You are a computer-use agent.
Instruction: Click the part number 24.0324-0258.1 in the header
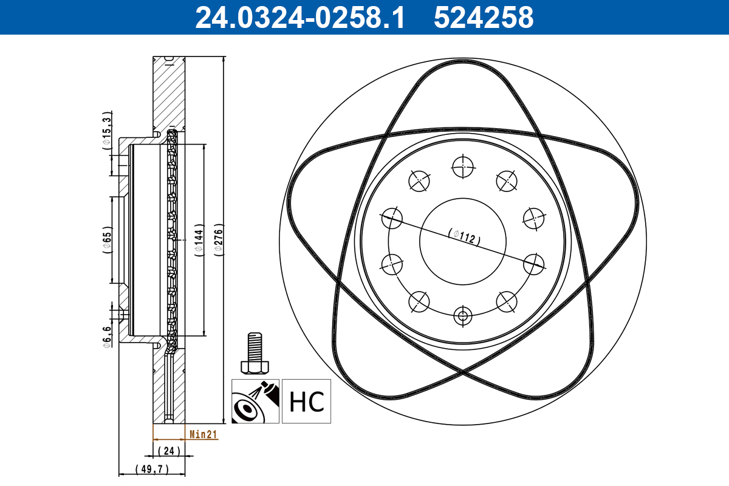299,18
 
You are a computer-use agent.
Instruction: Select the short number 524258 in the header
484,18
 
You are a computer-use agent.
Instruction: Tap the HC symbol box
307,401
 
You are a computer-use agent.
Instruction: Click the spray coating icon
256,401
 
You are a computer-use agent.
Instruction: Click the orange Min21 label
204,434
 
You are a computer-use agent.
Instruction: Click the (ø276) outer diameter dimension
219,241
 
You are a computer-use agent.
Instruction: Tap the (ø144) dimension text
198,241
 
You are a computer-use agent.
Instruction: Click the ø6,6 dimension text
107,337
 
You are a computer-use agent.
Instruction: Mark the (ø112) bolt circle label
464,236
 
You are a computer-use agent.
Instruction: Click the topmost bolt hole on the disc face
463,166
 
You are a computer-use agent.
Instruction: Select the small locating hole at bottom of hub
463,315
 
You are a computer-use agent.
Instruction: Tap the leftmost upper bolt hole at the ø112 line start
392,217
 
